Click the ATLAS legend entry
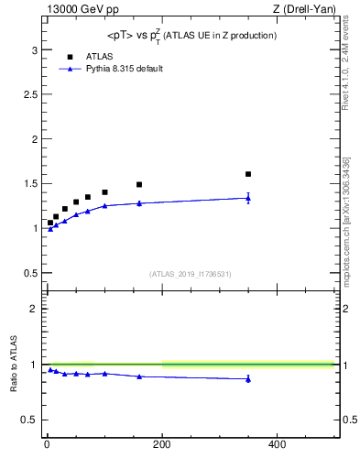[100, 56]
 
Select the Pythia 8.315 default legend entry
[125, 69]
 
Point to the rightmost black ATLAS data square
[248, 174]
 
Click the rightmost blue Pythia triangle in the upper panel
[248, 198]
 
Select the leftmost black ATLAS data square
[50, 223]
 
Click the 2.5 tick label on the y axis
[29, 94]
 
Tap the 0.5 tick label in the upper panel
[29, 272]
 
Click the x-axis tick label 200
[161, 445]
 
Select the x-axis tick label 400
[277, 445]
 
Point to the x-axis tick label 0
[47, 445]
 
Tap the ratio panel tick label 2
[34, 309]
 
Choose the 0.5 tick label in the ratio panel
[29, 420]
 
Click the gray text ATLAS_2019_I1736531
[191, 274]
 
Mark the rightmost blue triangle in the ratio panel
[248, 378]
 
